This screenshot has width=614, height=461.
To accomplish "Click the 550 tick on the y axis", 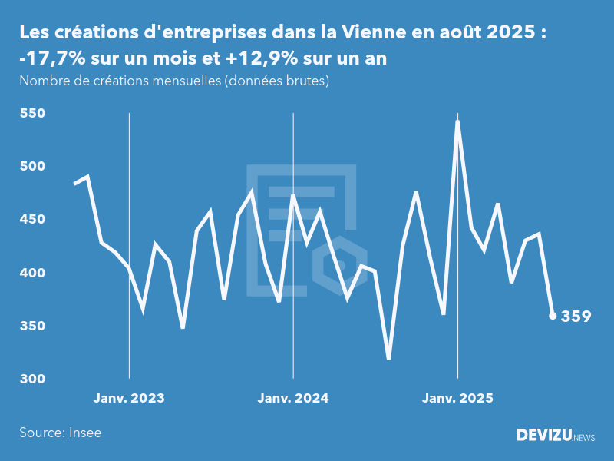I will tap(31, 114).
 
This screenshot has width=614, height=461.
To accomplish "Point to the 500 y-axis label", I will tap(31, 167).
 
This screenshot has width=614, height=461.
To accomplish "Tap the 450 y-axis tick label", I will tap(31, 220).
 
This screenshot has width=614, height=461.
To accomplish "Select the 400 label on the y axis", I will tap(31, 273).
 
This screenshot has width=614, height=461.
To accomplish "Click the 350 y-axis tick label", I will tap(31, 327).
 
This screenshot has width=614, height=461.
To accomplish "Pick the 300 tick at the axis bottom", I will tap(31, 380).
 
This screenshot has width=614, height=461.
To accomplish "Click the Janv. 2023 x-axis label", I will tap(129, 398).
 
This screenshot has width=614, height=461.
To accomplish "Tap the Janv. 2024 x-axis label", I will tap(293, 398).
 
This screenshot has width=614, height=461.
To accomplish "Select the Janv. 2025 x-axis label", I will tap(457, 398).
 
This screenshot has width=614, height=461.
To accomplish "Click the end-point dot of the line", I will tap(553, 316).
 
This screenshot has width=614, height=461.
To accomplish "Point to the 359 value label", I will tap(576, 316).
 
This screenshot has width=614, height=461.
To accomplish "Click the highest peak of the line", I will tap(457, 121).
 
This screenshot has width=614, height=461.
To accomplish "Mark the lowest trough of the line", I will tap(389, 358).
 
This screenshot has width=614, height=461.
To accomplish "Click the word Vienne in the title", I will tap(372, 33).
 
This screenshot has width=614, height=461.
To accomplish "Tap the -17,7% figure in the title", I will tap(49, 59).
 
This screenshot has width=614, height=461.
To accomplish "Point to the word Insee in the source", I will tap(84, 433).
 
